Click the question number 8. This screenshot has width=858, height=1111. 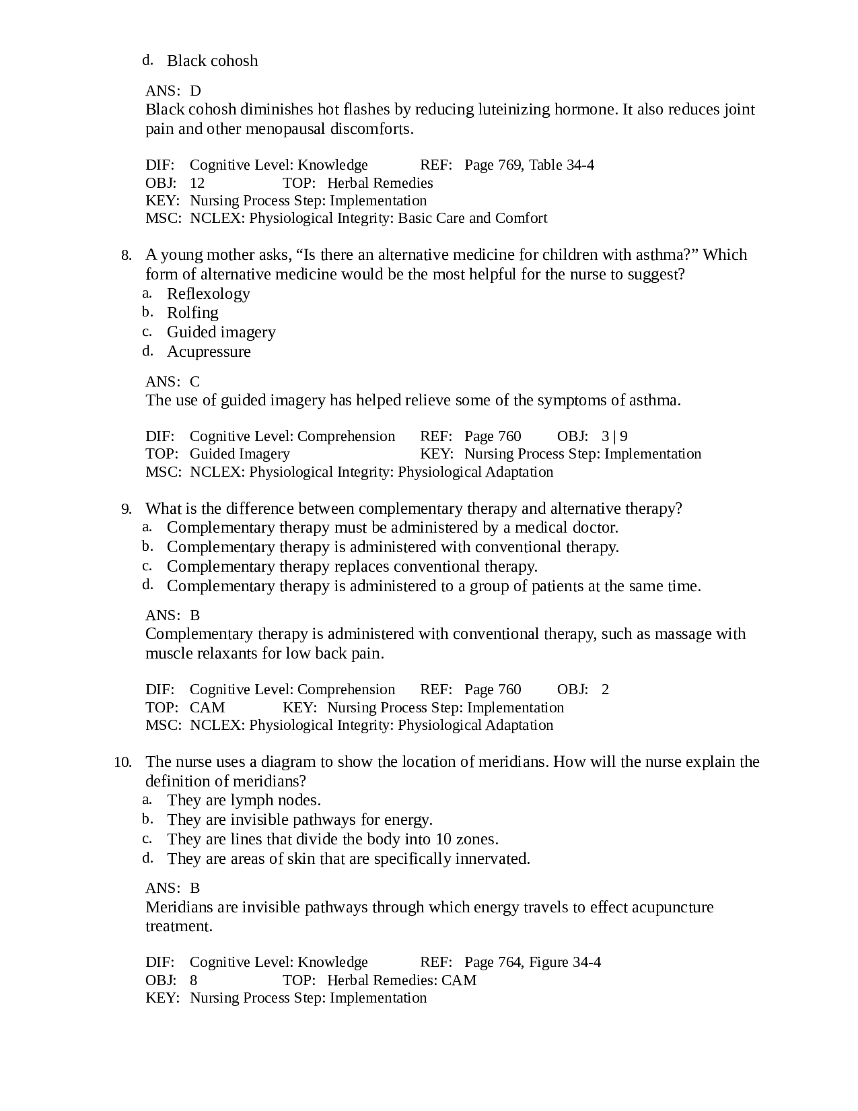click(x=125, y=255)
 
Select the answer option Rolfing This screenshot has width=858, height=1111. click(x=192, y=312)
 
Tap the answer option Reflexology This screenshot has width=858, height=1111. click(x=208, y=294)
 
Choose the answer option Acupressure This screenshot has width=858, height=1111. click(x=209, y=351)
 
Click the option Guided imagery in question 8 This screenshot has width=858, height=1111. click(x=221, y=332)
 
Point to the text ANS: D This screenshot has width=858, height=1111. click(x=173, y=91)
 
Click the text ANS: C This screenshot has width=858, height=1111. click(x=173, y=382)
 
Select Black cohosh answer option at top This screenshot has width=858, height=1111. click(x=212, y=61)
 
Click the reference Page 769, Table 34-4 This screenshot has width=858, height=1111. click(x=529, y=165)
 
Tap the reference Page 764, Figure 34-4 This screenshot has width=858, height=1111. click(x=532, y=962)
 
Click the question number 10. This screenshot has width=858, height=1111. click(x=122, y=762)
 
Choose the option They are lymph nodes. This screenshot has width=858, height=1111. click(x=244, y=800)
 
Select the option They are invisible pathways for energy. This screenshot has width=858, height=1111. click(x=299, y=819)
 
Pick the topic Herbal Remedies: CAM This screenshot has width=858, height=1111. click(x=401, y=980)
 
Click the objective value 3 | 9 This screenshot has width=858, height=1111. click(x=614, y=436)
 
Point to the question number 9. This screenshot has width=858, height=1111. click(x=126, y=509)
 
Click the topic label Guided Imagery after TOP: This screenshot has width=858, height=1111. click(x=240, y=454)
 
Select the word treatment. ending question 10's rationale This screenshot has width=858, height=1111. click(x=179, y=926)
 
